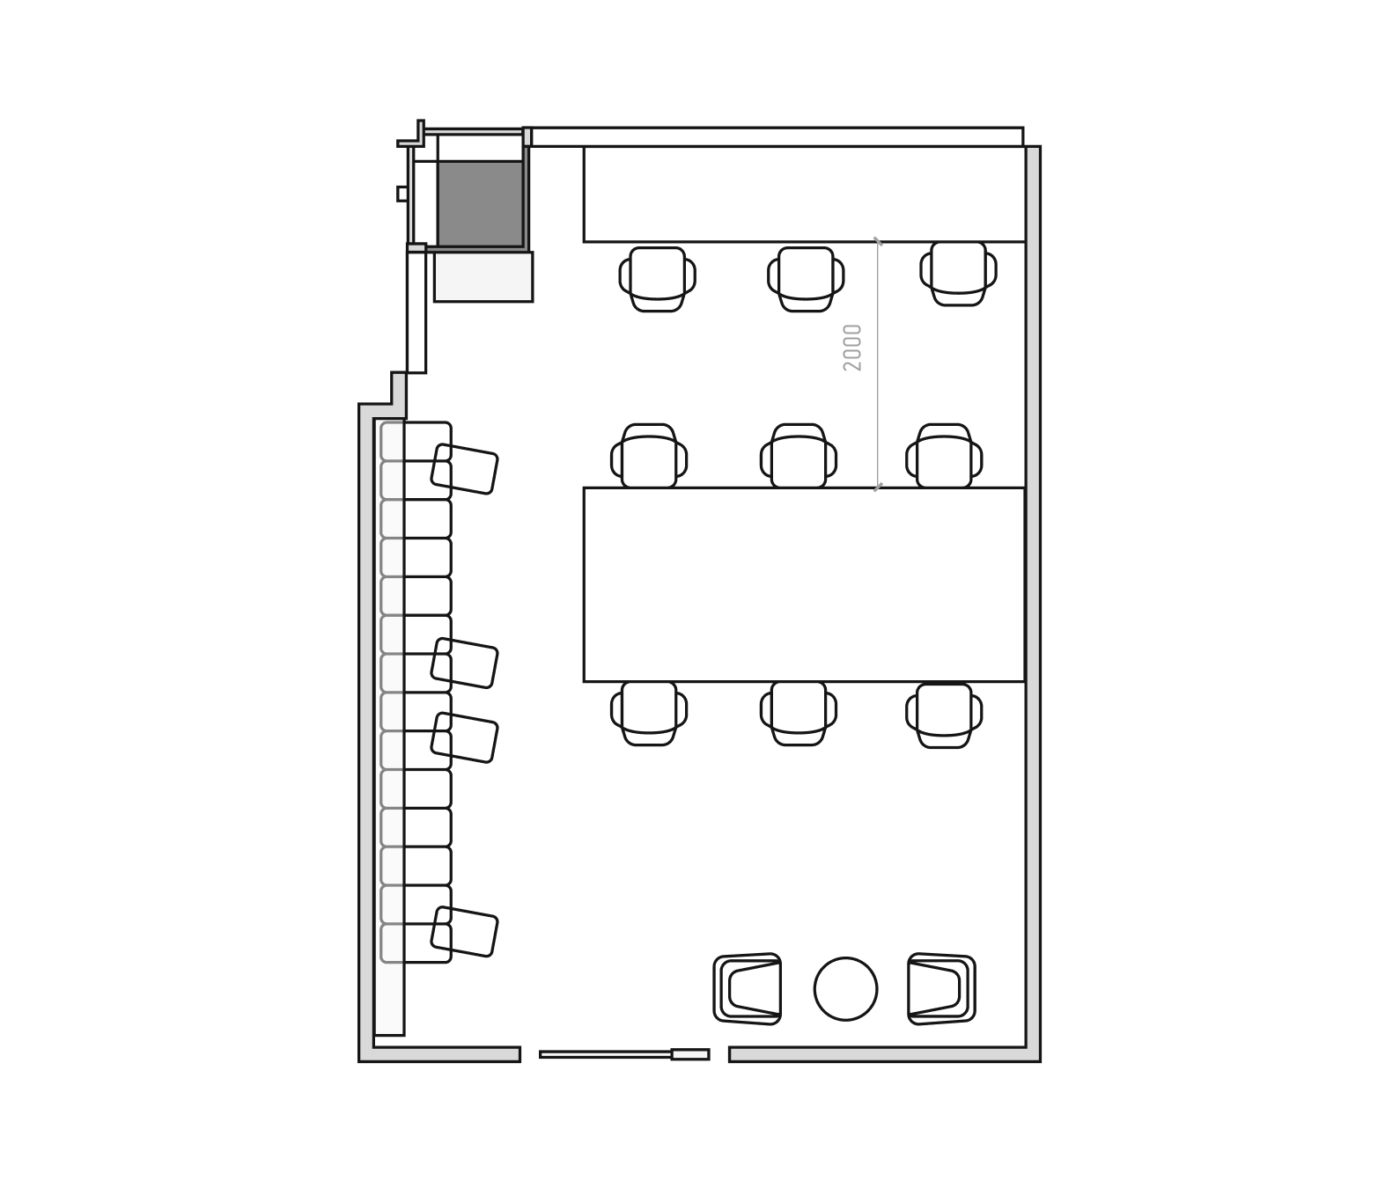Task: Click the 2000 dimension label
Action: click(x=852, y=348)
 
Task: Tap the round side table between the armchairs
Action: click(x=845, y=989)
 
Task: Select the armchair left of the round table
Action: click(x=748, y=989)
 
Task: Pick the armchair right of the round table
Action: click(x=940, y=989)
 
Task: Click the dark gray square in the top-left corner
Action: click(x=480, y=203)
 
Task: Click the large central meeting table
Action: click(x=804, y=584)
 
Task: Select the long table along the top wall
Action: click(x=804, y=194)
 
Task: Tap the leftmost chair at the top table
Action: click(x=657, y=278)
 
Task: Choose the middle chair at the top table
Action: click(x=806, y=278)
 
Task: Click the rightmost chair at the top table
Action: click(x=958, y=273)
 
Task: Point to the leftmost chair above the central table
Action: click(x=649, y=457)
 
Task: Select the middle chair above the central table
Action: click(x=799, y=457)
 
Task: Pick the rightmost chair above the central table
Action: click(x=944, y=457)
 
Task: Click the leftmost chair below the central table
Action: click(x=649, y=713)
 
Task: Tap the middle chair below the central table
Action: click(x=799, y=713)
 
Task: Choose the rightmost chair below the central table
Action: click(x=944, y=715)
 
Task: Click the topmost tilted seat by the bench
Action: click(x=464, y=469)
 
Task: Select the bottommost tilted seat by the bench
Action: click(x=464, y=931)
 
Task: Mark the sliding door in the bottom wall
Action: click(x=623, y=1054)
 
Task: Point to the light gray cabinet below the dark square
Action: click(x=483, y=276)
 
